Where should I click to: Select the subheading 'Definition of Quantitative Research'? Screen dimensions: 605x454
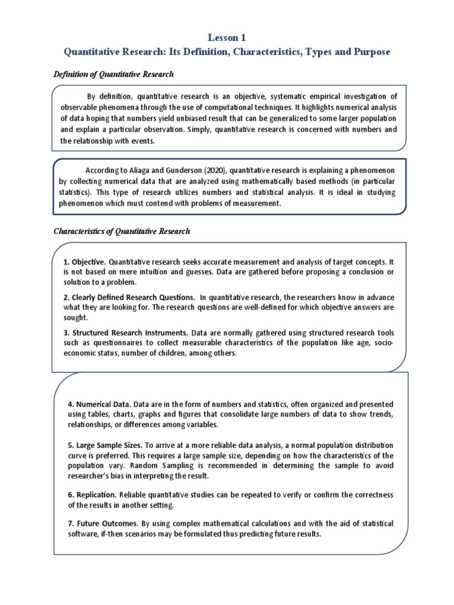pos(113,73)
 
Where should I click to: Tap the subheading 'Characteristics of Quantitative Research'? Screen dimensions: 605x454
pos(122,231)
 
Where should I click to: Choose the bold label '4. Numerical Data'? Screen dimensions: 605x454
pos(99,405)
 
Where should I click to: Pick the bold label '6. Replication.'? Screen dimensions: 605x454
pos(92,494)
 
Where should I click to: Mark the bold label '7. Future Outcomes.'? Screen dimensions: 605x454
pos(102,523)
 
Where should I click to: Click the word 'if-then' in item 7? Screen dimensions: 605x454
pos(116,534)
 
